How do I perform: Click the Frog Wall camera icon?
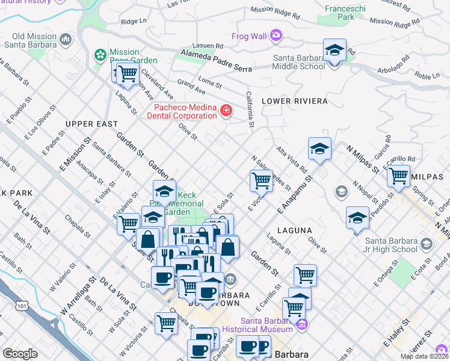click(276, 36)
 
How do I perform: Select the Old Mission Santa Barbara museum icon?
click(65, 40)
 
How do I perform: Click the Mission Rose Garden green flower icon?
click(100, 55)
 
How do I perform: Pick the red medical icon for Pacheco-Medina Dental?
click(226, 111)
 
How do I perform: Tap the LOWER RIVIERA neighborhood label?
click(295, 100)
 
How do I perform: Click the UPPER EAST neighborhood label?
click(91, 124)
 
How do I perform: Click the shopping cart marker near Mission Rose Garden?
click(127, 73)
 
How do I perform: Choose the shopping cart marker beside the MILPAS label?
click(398, 175)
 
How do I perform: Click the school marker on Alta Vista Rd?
click(319, 149)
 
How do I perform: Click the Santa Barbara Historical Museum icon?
click(301, 324)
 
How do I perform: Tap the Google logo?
click(20, 354)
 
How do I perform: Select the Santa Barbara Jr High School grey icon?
click(427, 244)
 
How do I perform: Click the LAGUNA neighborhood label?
click(295, 230)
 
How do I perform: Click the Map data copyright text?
click(424, 356)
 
